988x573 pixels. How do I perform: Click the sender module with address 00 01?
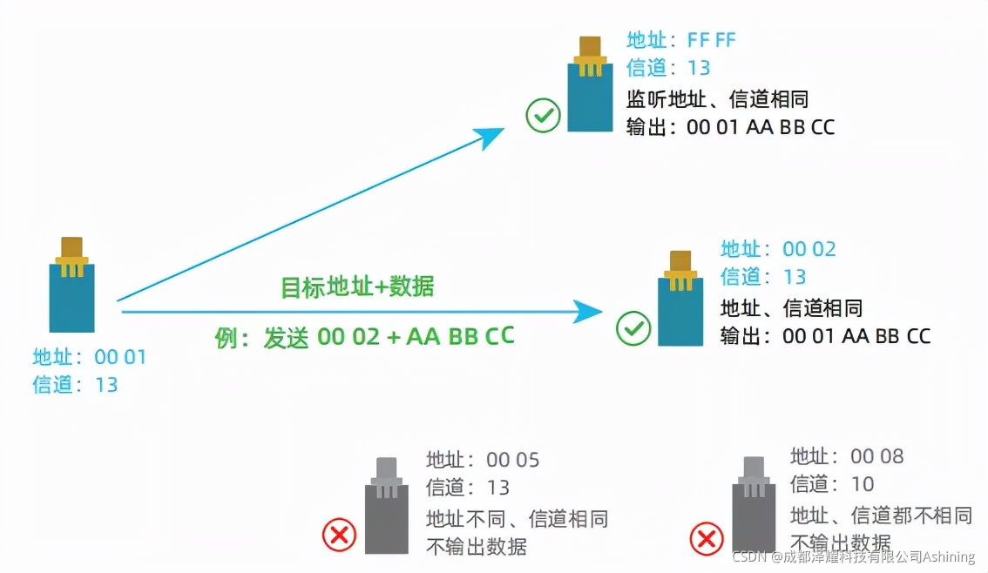pyautogui.click(x=71, y=287)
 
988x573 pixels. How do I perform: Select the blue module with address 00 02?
pyautogui.click(x=680, y=300)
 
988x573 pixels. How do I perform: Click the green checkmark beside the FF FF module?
pyautogui.click(x=543, y=115)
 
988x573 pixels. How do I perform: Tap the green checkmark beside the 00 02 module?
pyautogui.click(x=633, y=328)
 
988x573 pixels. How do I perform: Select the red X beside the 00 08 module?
pyautogui.click(x=707, y=538)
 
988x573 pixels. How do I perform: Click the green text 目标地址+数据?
pyautogui.click(x=357, y=287)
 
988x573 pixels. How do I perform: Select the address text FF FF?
pyautogui.click(x=712, y=40)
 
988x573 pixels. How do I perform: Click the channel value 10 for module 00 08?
pyautogui.click(x=862, y=484)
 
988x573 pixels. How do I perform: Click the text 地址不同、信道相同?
pyautogui.click(x=517, y=519)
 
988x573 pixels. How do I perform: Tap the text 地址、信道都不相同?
pyautogui.click(x=880, y=515)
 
